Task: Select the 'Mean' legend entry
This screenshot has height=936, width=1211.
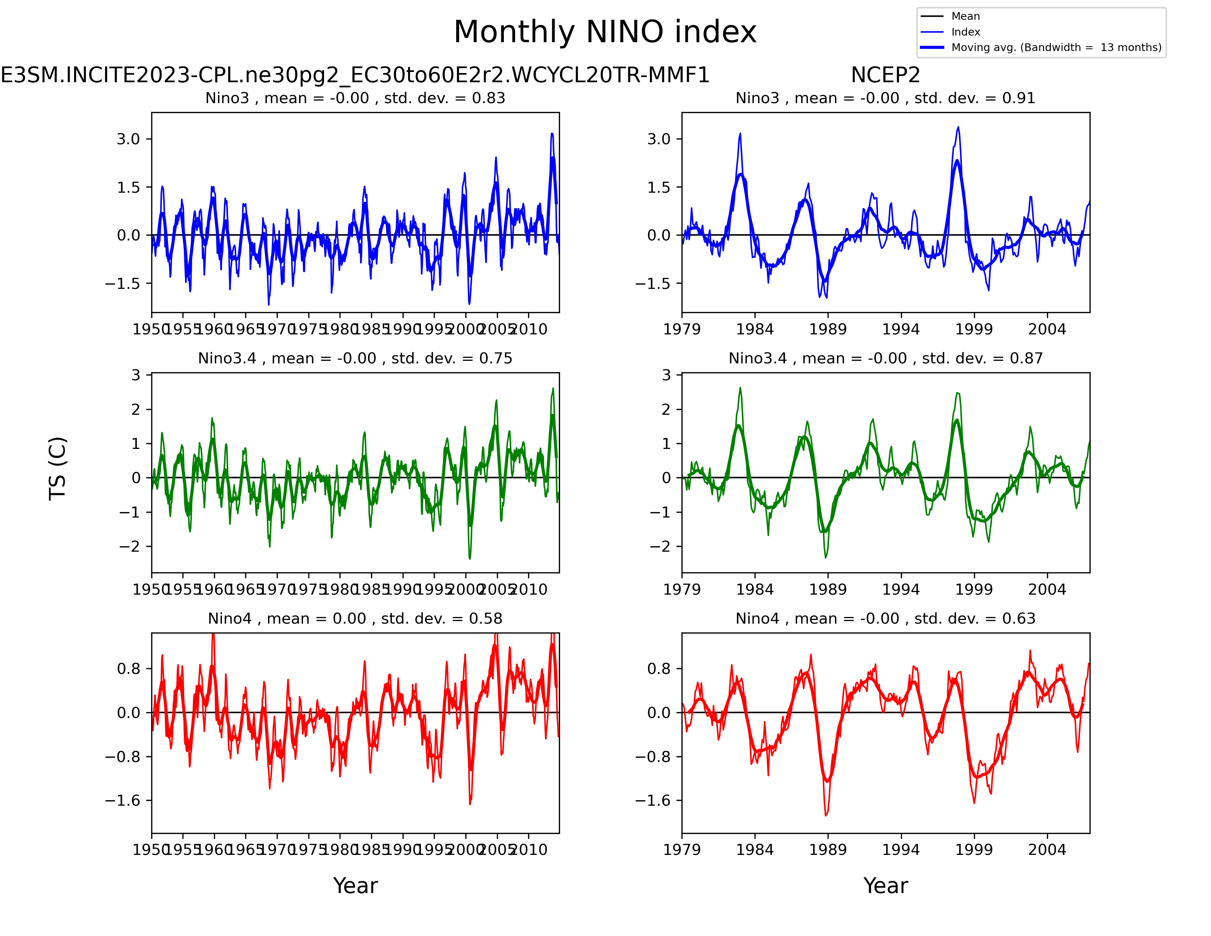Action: click(965, 16)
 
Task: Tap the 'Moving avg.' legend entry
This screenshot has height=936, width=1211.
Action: click(1056, 47)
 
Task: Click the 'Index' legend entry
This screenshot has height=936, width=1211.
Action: click(965, 32)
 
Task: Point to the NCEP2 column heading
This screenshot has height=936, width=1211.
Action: click(885, 75)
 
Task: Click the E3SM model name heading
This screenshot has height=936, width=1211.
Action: click(355, 75)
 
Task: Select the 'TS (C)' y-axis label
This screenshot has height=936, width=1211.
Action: click(58, 469)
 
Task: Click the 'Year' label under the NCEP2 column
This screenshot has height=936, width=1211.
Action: click(885, 886)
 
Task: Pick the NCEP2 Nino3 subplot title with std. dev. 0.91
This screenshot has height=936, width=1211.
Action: click(885, 98)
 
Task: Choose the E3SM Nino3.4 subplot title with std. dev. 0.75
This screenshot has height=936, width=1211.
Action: click(355, 358)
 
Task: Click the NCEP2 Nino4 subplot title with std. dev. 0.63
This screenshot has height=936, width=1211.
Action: click(885, 618)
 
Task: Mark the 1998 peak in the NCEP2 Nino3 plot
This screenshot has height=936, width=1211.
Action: click(957, 127)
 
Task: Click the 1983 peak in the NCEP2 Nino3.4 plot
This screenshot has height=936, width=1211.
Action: click(740, 388)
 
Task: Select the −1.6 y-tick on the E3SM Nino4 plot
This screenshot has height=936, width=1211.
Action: click(123, 800)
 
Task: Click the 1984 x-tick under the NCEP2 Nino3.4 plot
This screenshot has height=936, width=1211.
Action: click(754, 589)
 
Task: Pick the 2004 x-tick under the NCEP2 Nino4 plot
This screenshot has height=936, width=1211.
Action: click(1047, 849)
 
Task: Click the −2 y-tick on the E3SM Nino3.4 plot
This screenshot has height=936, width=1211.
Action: click(130, 546)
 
